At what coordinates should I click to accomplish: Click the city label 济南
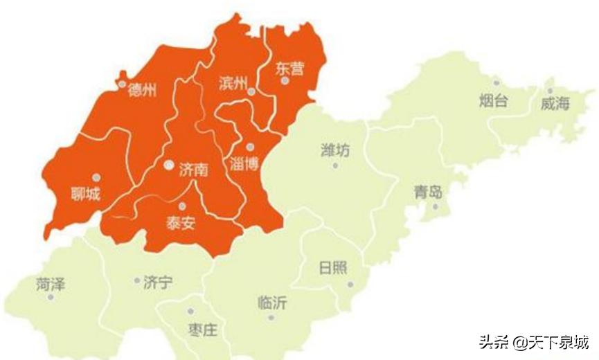tap(193, 169)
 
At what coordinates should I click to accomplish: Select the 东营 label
tap(289, 69)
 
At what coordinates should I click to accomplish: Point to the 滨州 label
tap(232, 84)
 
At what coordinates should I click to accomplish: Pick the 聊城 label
tap(86, 194)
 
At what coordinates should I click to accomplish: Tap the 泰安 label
tap(180, 223)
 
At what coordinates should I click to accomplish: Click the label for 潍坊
tap(335, 150)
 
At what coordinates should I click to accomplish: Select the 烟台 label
tap(493, 102)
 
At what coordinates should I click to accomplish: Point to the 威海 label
tap(555, 105)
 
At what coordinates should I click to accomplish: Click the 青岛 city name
tap(428, 192)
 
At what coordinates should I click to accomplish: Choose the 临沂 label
tap(272, 303)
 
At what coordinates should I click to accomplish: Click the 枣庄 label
tap(202, 329)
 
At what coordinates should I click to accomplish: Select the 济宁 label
tap(158, 282)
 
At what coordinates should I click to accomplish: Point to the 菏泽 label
tap(51, 283)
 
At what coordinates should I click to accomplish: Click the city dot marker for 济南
tap(169, 165)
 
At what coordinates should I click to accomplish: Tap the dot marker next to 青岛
tap(436, 206)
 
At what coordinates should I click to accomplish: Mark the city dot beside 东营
tap(285, 81)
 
